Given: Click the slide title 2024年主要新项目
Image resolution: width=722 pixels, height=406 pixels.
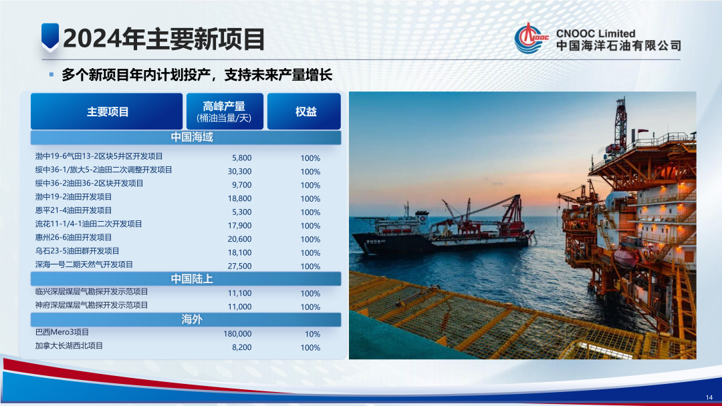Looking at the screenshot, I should (164, 39).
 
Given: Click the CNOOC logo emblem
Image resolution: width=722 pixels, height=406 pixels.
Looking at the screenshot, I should (530, 39).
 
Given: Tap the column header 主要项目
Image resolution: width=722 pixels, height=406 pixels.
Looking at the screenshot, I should (107, 112).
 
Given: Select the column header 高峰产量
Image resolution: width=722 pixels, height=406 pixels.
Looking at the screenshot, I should (224, 111).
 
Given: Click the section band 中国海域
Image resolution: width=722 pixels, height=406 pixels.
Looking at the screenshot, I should (191, 137).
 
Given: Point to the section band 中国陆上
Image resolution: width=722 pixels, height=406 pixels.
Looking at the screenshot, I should (191, 278).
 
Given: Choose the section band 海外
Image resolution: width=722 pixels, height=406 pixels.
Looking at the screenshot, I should (191, 319).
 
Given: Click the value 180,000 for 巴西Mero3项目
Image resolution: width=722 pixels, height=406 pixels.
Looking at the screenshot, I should (237, 333).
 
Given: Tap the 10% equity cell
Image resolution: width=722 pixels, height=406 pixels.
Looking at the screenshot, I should (312, 334).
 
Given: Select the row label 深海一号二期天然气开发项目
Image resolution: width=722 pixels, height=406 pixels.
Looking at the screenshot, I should (84, 264).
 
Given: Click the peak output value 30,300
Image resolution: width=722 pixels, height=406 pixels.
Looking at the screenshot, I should (239, 171).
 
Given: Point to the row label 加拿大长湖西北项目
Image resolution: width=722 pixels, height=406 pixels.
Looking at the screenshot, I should (70, 346).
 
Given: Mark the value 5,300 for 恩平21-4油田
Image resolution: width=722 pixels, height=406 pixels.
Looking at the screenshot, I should (241, 212).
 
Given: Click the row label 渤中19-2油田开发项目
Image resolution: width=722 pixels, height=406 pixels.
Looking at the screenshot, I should (74, 197).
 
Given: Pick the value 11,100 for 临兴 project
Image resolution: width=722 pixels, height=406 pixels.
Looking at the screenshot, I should (239, 293).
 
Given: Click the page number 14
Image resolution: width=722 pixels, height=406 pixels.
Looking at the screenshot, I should (709, 397).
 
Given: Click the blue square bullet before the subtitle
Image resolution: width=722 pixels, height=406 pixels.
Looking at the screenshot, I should (51, 75).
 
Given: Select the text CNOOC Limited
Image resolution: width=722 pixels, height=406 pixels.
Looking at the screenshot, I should (596, 33).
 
